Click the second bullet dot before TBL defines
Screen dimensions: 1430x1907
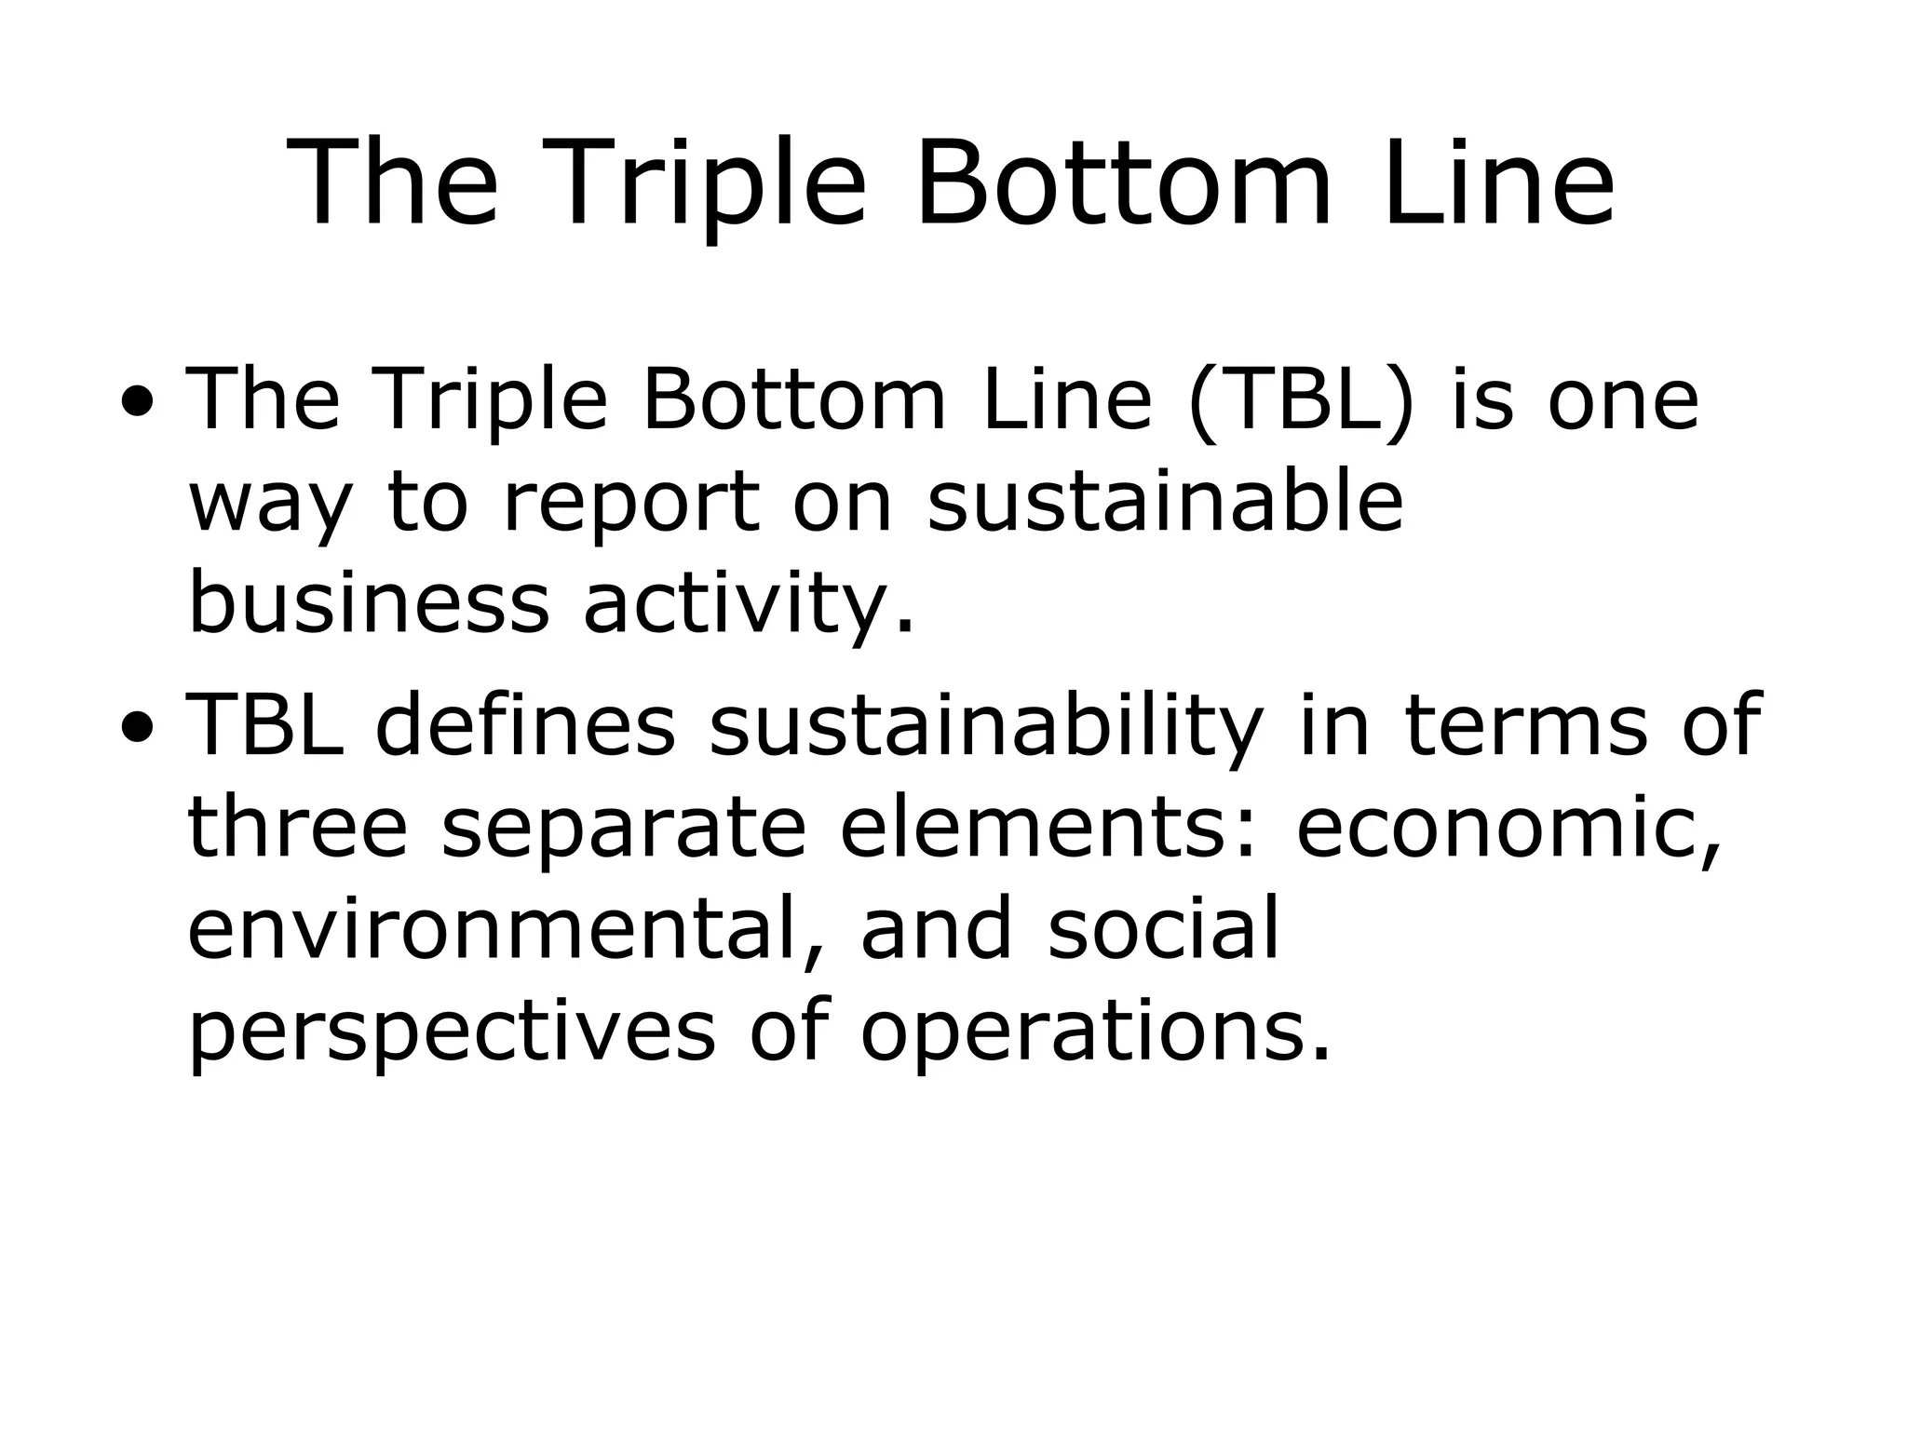pyautogui.click(x=139, y=727)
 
